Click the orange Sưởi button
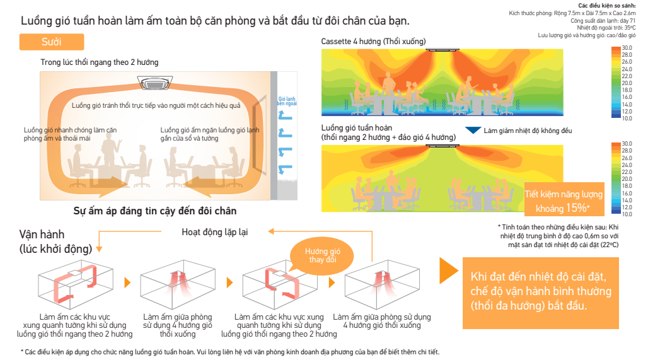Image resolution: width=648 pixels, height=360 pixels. coord(50,42)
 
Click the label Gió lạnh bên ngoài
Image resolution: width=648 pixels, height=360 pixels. coord(287,102)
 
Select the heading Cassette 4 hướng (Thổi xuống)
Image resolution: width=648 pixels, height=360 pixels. coord(373,42)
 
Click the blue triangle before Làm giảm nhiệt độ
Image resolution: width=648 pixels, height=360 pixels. coord(473,131)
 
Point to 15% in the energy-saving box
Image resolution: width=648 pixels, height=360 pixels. coord(577,207)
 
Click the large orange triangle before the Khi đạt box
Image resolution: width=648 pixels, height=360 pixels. coord(448,271)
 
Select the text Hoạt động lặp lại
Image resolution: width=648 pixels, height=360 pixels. coord(214,232)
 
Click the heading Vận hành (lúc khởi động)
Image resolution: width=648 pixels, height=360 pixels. coord(55,241)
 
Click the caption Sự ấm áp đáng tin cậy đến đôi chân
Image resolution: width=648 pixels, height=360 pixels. coord(155,211)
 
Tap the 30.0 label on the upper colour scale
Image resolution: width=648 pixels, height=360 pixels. coord(627,48)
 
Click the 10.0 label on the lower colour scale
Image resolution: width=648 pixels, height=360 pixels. coord(627,214)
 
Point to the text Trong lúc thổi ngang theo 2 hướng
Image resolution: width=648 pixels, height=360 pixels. coord(100,62)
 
